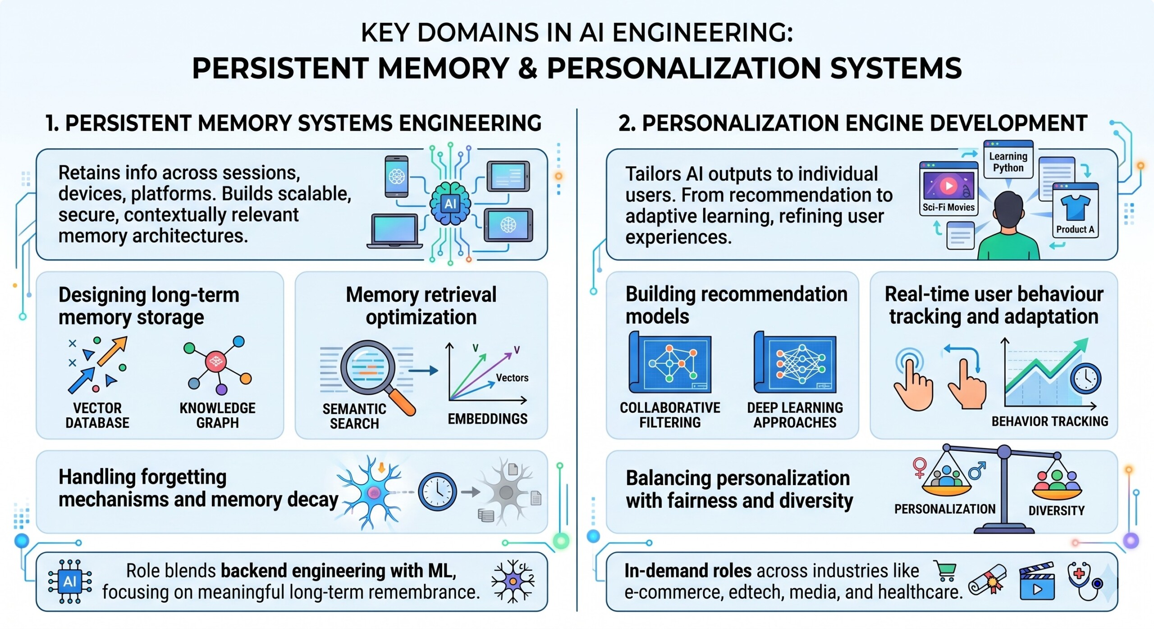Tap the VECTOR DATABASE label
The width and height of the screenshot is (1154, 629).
point(97,415)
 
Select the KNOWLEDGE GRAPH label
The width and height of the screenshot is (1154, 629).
point(217,415)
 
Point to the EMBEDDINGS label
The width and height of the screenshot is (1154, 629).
point(487,419)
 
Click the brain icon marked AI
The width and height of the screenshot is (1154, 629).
point(450,204)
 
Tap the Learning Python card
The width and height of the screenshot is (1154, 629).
point(1008,160)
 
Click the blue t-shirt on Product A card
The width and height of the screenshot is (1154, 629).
point(1075,207)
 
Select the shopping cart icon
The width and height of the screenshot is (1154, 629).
point(945,571)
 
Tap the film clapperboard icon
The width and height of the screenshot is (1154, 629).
point(1037,581)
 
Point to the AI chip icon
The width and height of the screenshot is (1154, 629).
point(70,582)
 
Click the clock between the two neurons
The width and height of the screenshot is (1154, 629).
point(437,492)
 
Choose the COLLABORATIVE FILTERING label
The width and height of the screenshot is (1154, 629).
point(670,415)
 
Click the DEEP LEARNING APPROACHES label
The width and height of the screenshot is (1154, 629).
point(795,415)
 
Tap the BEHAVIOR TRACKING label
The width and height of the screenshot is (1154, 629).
point(1049,421)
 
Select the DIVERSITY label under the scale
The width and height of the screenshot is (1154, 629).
point(1056,510)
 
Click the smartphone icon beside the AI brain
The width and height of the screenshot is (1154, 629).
point(397,177)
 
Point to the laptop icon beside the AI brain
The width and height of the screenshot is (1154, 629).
point(394,231)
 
